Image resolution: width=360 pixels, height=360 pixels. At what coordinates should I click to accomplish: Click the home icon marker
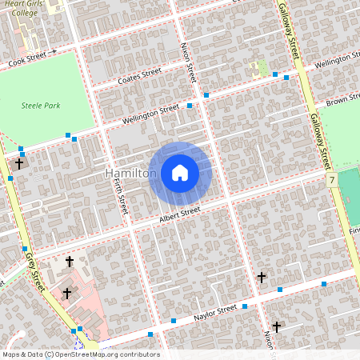tap(180, 173)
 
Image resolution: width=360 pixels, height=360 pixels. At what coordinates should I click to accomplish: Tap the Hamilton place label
tap(130, 174)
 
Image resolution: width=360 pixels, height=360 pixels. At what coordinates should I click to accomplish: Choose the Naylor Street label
tap(214, 310)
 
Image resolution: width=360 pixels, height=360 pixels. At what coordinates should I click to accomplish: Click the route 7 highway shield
tap(331, 182)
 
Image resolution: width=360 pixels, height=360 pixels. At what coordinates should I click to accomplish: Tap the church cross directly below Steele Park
tap(19, 163)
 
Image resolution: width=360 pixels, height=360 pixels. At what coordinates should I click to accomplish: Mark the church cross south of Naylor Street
tap(277, 326)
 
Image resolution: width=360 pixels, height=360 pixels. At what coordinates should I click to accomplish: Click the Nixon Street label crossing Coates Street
tap(190, 62)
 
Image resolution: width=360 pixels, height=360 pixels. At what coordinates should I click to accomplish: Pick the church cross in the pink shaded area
tap(67, 294)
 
